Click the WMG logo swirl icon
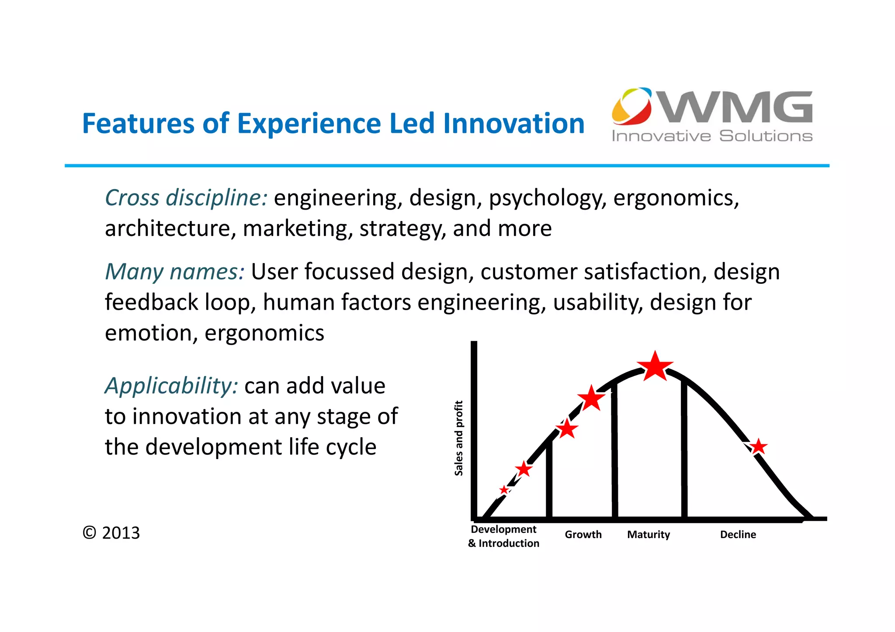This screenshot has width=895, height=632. tap(631, 106)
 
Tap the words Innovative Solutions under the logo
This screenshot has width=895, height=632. tap(711, 136)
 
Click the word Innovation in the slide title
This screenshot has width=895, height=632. tap(513, 124)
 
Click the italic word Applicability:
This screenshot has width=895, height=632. tap(171, 386)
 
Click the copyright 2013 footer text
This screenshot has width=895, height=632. tap(111, 533)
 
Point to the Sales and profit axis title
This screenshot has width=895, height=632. tap(458, 438)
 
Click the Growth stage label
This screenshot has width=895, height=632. tap(583, 535)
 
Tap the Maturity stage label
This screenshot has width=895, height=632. tap(648, 535)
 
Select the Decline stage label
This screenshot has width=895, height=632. tap(738, 535)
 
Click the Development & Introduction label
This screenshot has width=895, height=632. tap(503, 536)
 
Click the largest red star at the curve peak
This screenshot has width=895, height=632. tap(655, 367)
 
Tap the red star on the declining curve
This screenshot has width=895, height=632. tap(758, 447)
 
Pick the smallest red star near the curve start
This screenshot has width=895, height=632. tap(504, 490)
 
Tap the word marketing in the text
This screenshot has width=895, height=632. tap(298, 229)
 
